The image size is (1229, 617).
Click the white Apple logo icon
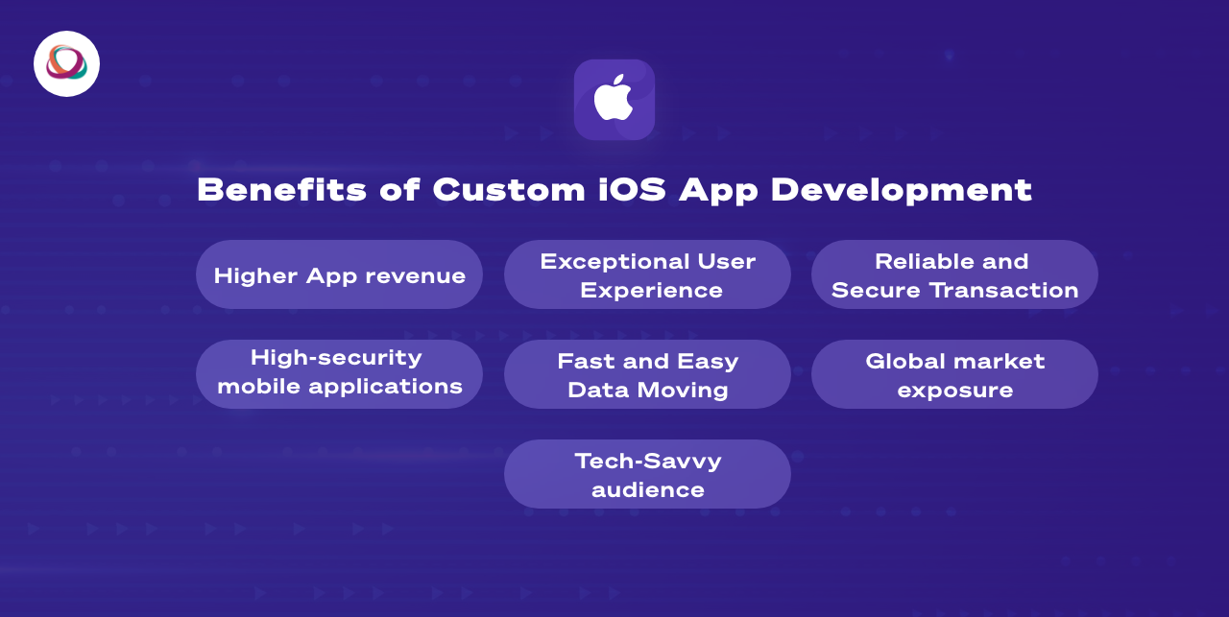pyautogui.click(x=614, y=98)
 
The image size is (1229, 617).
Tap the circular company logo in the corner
pyautogui.click(x=66, y=63)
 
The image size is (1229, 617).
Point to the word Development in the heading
pyautogui.click(x=901, y=189)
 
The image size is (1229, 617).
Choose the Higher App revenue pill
pyautogui.click(x=339, y=275)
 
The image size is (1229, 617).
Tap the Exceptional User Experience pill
pyautogui.click(x=647, y=275)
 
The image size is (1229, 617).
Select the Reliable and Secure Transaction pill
pyautogui.click(x=954, y=275)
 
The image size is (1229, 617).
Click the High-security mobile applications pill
pyautogui.click(x=339, y=372)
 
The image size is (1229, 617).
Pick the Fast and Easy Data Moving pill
pyautogui.click(x=647, y=375)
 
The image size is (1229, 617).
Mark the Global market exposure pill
pyautogui.click(x=954, y=375)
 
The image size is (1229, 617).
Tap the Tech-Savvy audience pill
pyautogui.click(x=647, y=475)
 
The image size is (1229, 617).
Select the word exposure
pyautogui.click(x=954, y=391)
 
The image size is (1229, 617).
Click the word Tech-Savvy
pyautogui.click(x=648, y=461)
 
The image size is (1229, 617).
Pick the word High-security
pyautogui.click(x=336, y=358)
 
